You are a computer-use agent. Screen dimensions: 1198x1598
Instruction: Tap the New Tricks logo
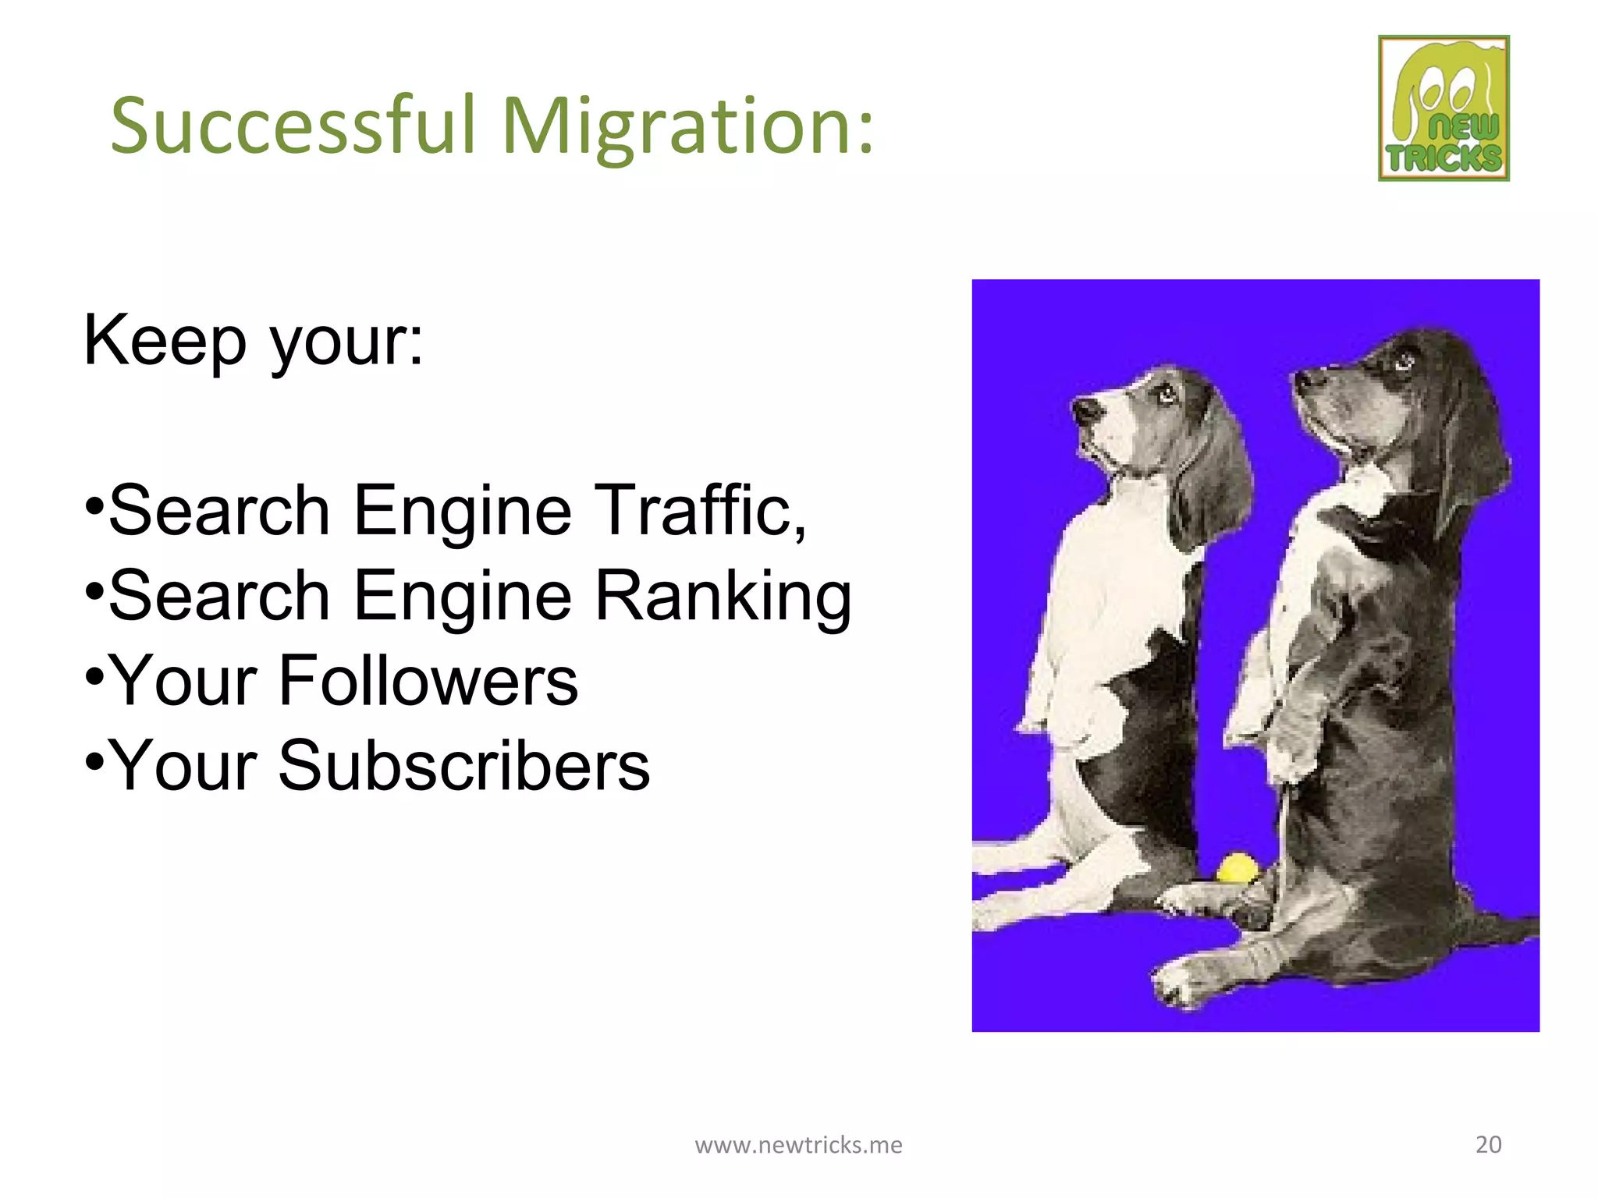point(1444,108)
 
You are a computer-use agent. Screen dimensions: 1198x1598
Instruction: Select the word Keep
point(165,340)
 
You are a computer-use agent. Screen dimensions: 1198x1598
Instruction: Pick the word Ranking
point(723,597)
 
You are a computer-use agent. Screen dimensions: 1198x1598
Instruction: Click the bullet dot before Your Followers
point(94,674)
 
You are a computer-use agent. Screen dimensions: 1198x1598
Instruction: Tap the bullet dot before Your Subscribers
point(94,759)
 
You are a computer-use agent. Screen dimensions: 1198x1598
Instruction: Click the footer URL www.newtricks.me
point(798,1145)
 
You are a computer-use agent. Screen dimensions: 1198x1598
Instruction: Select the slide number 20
point(1488,1144)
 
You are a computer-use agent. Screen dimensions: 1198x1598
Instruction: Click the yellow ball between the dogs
point(1238,868)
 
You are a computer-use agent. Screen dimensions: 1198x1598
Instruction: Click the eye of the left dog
point(1166,394)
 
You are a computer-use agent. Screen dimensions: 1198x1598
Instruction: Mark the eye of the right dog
point(1404,360)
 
